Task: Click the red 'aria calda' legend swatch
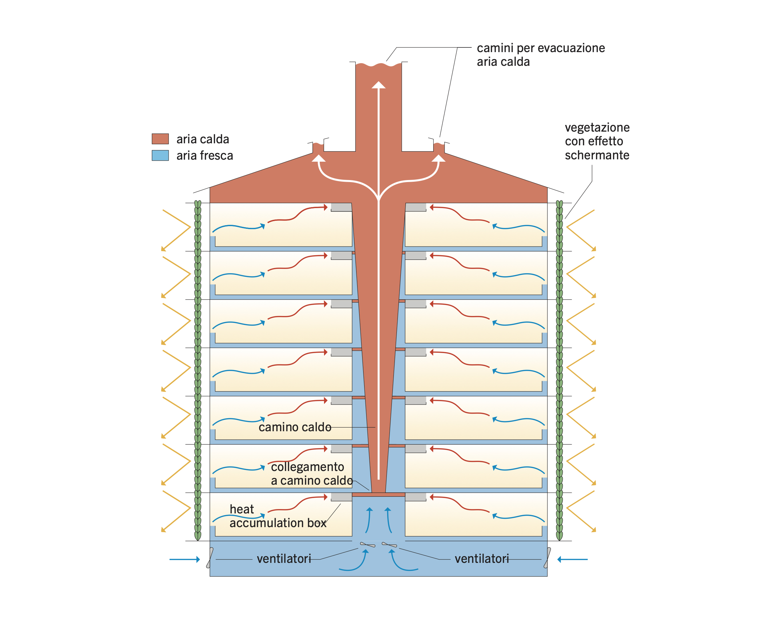[x=160, y=139]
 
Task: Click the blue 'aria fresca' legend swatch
[x=160, y=155]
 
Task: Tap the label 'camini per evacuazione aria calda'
[x=540, y=55]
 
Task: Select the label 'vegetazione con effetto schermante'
[x=597, y=141]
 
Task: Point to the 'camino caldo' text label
[x=295, y=427]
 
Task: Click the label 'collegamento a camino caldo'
[x=311, y=474]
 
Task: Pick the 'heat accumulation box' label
[x=278, y=516]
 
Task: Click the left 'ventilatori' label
[x=284, y=559]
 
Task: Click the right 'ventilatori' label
[x=482, y=559]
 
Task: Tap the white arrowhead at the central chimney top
[x=378, y=85]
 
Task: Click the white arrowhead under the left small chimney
[x=318, y=158]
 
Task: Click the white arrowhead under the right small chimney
[x=439, y=158]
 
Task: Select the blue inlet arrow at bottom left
[x=185, y=560]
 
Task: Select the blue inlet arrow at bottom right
[x=572, y=560]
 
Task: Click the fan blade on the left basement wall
[x=210, y=558]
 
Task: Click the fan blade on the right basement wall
[x=547, y=558]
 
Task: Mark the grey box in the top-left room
[x=341, y=207]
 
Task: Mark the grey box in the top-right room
[x=416, y=207]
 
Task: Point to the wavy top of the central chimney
[x=378, y=65]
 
